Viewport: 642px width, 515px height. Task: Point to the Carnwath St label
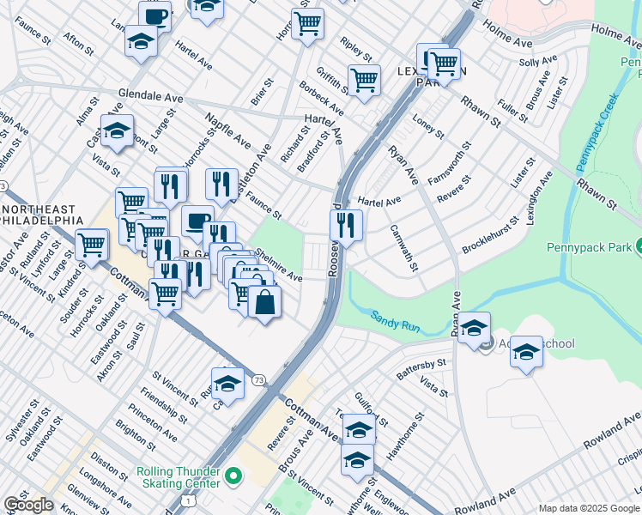[x=403, y=246]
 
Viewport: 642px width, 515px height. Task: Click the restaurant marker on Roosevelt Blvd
[x=346, y=225]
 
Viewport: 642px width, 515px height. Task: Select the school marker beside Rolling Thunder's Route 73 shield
[x=227, y=383]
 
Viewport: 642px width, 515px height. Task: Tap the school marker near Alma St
[x=117, y=131]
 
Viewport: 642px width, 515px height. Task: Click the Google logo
[x=28, y=506]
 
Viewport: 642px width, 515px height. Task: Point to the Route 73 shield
[x=257, y=379]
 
